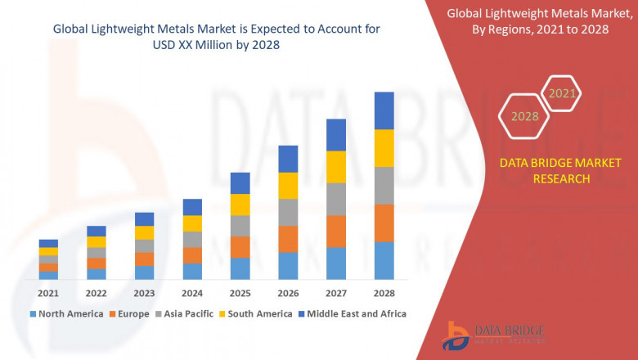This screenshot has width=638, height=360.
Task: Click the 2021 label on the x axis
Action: click(48, 294)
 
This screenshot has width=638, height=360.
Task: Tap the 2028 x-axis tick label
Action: click(384, 294)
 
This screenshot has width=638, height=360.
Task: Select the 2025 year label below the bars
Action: click(240, 294)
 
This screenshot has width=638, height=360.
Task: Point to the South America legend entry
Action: click(258, 313)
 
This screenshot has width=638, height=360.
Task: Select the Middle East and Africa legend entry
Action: click(354, 313)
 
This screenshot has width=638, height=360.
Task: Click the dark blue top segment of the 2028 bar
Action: click(384, 110)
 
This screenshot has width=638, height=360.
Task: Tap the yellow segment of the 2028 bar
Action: click(384, 148)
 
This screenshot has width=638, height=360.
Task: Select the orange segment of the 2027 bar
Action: click(335, 232)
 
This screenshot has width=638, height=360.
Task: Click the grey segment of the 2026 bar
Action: click(288, 212)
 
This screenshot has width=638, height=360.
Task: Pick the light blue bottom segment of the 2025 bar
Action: click(240, 268)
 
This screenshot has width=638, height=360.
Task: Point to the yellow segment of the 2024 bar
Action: click(192, 223)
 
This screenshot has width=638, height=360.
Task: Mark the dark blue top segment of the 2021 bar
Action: click(48, 243)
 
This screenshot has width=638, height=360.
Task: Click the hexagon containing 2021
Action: click(562, 93)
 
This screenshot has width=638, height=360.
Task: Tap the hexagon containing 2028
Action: click(524, 116)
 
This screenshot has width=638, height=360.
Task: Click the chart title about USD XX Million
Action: click(217, 37)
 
